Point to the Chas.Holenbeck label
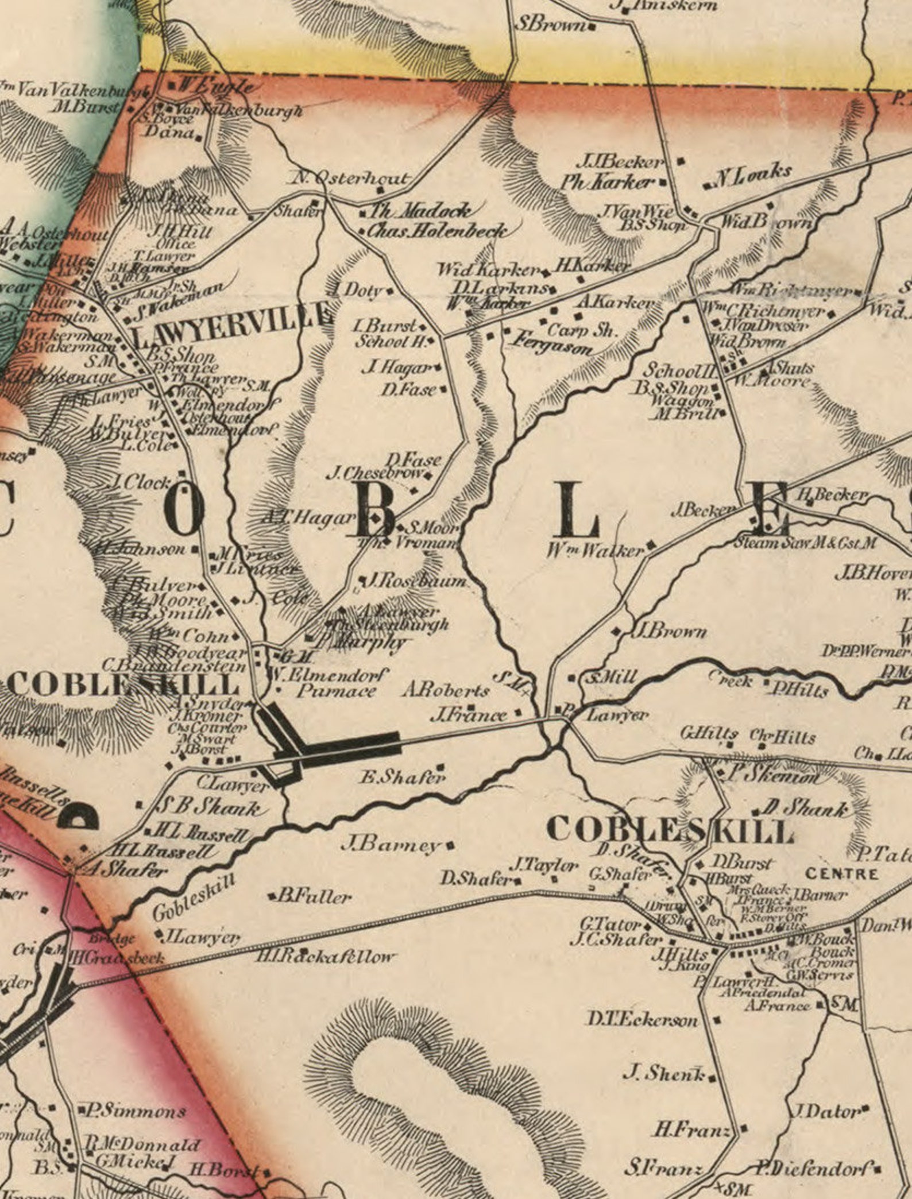437,231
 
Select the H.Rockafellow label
326,956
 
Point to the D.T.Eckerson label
642,1020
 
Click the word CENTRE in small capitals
841,875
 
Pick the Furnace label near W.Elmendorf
336,690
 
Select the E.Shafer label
402,778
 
